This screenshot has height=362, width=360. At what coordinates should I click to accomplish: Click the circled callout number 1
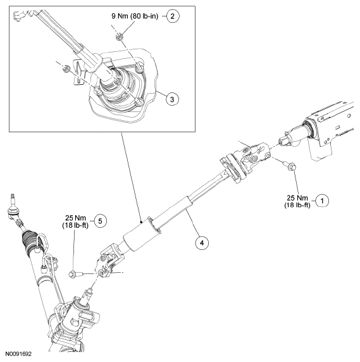322,201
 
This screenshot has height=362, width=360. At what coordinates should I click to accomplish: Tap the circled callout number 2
172,16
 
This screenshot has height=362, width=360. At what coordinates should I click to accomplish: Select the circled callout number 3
172,99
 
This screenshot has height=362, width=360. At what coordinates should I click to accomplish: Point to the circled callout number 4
202,243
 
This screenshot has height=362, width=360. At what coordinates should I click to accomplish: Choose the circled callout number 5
100,221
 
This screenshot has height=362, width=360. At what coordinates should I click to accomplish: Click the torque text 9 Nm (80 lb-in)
135,16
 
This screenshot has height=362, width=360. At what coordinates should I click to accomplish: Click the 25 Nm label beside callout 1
297,198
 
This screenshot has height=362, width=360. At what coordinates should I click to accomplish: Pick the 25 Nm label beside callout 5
75,218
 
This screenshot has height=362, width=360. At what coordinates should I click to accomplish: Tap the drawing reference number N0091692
18,354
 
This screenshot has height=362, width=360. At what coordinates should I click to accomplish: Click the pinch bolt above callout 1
290,165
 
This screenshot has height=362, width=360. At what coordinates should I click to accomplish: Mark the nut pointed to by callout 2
119,37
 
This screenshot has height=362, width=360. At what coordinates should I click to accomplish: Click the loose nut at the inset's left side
66,68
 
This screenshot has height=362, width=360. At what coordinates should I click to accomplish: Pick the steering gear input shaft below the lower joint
88,295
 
